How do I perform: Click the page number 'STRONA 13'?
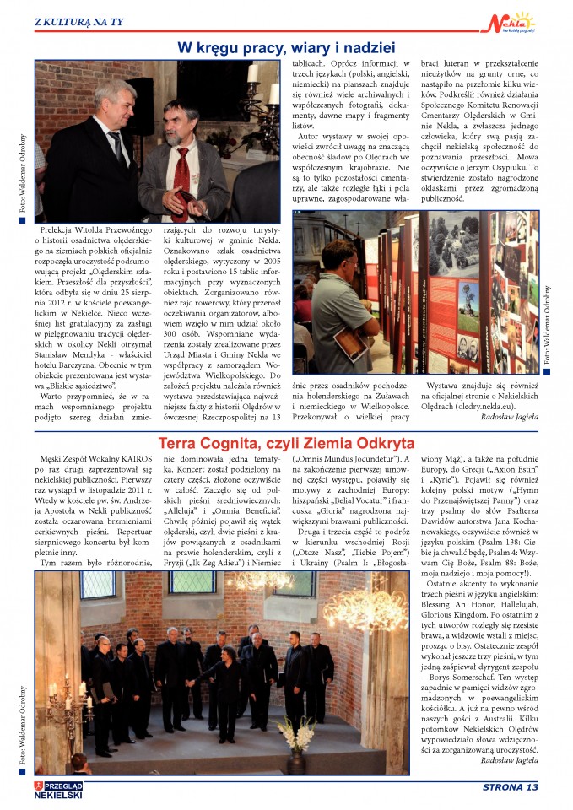[510, 788]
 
